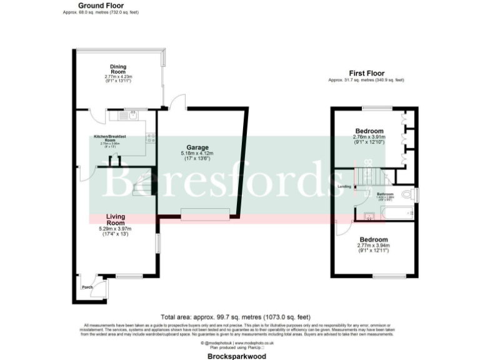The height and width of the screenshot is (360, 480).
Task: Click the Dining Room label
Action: [119, 69]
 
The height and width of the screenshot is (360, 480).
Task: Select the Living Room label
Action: [116, 219]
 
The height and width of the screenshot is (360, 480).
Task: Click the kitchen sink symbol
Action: [132, 115]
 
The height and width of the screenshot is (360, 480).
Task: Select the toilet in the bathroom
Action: [407, 195]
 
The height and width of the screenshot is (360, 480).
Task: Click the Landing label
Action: [344, 186]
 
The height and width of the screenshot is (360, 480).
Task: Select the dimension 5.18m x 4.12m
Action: [197, 153]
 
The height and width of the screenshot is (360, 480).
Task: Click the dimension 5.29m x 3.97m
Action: [116, 229]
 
